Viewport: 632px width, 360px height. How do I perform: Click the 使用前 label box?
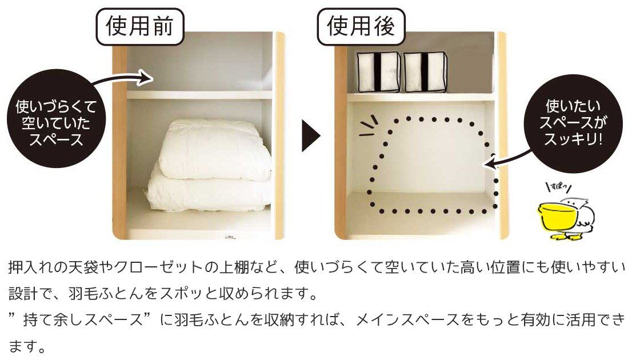click(x=140, y=27)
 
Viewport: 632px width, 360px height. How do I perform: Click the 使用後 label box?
click(x=361, y=27)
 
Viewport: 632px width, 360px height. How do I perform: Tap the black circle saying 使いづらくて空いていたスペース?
click(x=57, y=123)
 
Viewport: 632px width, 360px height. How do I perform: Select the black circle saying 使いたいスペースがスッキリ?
click(x=573, y=123)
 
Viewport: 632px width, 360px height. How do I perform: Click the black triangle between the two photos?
click(x=311, y=135)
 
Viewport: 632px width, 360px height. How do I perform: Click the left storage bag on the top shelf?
click(x=378, y=72)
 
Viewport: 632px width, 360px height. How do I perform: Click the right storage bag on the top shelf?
click(x=425, y=72)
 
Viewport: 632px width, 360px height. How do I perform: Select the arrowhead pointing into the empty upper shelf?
click(x=145, y=77)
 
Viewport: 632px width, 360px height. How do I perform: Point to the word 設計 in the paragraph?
click(x=23, y=294)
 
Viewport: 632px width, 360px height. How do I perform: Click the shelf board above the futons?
click(x=199, y=95)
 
